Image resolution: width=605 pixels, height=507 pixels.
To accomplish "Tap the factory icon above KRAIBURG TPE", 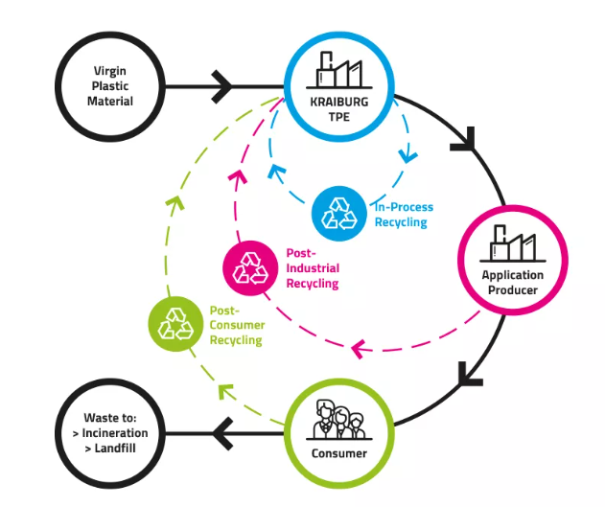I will point(341,69).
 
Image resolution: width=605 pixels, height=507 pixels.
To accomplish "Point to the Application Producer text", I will point(513,283).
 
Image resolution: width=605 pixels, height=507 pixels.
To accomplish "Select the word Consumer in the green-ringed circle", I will point(340,453).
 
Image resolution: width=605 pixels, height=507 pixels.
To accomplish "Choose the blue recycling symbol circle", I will point(338,212).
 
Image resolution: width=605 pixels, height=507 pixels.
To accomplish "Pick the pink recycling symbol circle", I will point(251,268).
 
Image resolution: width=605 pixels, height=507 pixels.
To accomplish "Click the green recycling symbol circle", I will point(175,323).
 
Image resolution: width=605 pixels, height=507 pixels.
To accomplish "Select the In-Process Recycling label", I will point(403,215).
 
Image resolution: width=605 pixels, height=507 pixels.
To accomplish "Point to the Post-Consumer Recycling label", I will point(236,326).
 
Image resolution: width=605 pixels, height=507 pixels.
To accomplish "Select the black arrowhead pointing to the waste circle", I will point(222,434).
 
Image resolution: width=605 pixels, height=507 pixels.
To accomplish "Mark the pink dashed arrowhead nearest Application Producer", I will point(361,349).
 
